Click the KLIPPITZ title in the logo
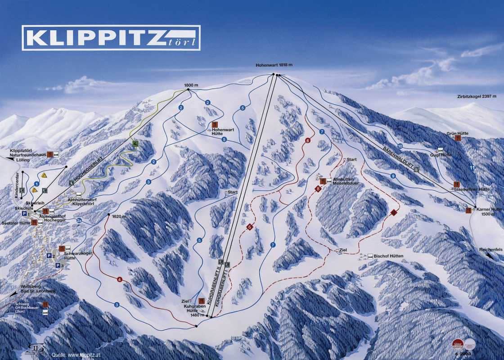[96, 37]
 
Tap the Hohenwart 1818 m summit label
[274, 65]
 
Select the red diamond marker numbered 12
[394, 212]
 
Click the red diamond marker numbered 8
[318, 189]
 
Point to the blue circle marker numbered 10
[400, 146]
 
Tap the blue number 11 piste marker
[472, 168]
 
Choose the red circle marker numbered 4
[119, 279]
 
